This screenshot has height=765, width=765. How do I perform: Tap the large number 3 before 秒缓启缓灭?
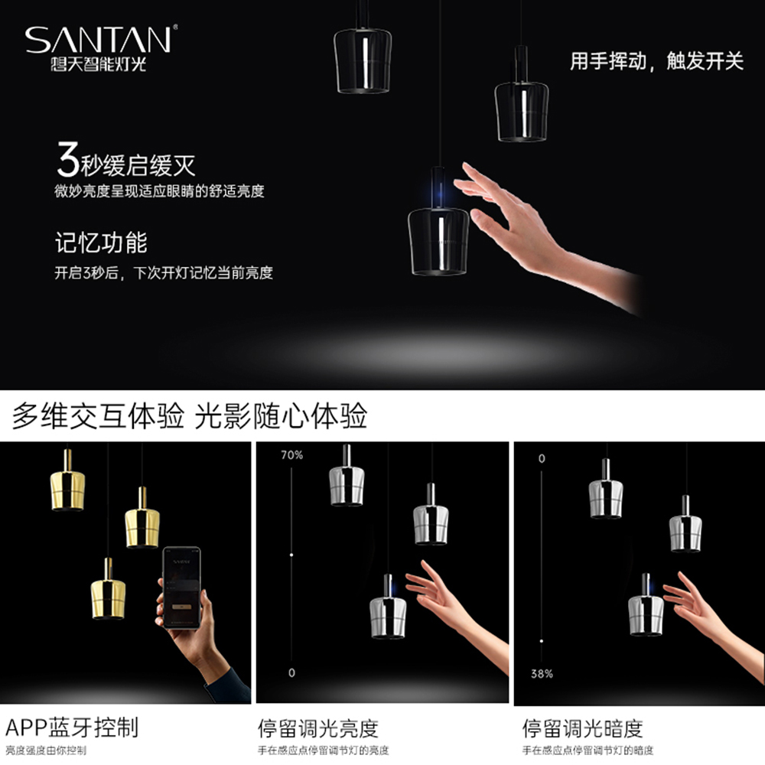(x=68, y=160)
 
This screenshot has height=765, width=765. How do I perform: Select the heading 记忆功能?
(x=101, y=243)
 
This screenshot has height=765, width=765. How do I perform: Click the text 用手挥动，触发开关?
(x=656, y=61)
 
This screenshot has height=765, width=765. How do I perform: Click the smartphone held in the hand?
(x=181, y=588)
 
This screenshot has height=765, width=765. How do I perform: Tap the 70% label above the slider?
(x=291, y=455)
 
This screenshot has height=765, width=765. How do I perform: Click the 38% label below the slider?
(x=542, y=674)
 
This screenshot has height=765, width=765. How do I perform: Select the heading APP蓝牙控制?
(x=72, y=728)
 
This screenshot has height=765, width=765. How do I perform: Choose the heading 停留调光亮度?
(x=318, y=728)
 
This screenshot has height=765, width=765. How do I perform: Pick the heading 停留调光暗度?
(x=582, y=728)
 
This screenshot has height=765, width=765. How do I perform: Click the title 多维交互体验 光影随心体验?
(x=189, y=416)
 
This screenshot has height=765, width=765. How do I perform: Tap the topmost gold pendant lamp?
(x=68, y=480)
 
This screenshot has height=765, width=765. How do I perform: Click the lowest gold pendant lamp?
(x=109, y=588)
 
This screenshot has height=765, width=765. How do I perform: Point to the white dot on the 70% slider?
(x=291, y=555)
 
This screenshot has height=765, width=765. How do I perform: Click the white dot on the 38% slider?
(x=542, y=641)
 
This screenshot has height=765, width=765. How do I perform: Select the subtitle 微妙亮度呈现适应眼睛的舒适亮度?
(x=159, y=190)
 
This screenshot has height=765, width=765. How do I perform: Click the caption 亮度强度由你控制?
(x=46, y=750)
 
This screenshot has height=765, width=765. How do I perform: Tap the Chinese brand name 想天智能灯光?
(x=99, y=64)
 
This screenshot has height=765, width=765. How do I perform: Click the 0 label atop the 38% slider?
(x=542, y=458)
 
